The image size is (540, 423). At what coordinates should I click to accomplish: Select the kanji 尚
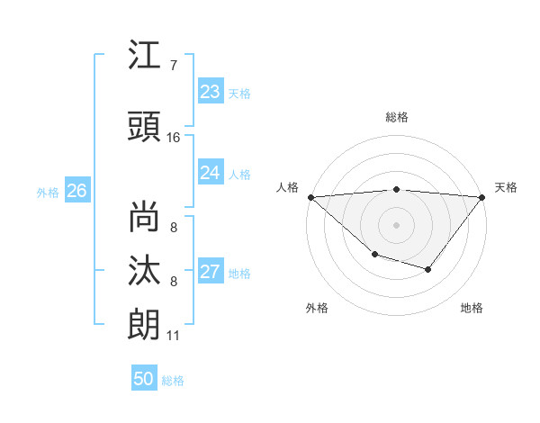click(145, 217)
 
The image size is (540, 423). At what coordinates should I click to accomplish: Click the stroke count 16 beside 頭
click(174, 138)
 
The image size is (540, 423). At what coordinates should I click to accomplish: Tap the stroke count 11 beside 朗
click(174, 336)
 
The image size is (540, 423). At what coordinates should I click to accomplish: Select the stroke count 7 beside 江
click(174, 65)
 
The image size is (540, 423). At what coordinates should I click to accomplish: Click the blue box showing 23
click(211, 92)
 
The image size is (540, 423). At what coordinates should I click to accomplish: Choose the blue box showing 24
click(211, 173)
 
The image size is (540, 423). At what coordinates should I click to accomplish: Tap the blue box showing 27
click(211, 272)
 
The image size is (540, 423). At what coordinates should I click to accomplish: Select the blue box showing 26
click(77, 191)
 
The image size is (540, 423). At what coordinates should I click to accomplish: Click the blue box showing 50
click(144, 379)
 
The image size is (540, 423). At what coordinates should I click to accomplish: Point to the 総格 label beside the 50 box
click(173, 381)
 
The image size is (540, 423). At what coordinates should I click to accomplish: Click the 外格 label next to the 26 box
click(48, 192)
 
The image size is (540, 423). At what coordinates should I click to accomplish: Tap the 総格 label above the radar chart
click(396, 117)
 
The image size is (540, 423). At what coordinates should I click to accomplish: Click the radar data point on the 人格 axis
click(310, 196)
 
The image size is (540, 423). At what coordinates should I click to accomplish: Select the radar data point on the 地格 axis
click(428, 269)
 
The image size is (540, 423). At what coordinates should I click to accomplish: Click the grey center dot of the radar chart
click(396, 224)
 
